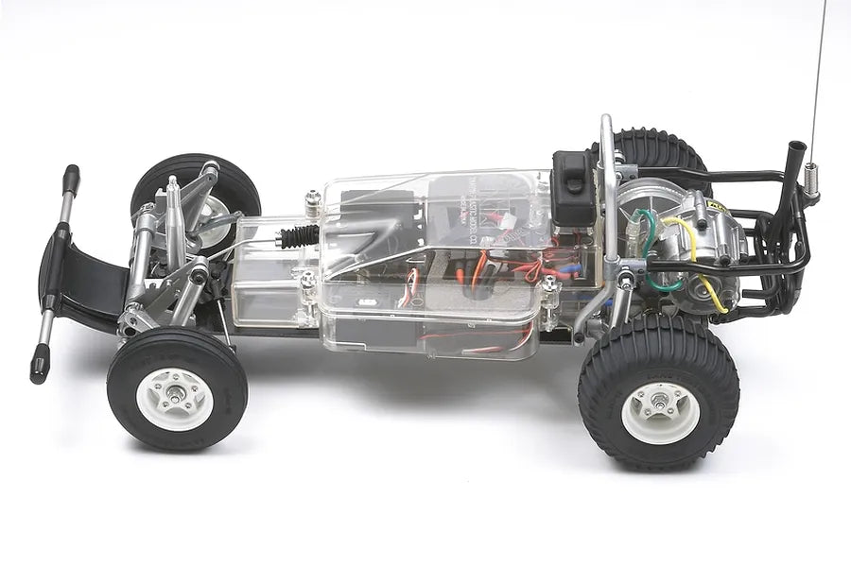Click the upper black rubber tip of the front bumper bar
tap(71, 177)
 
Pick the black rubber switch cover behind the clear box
tap(571, 186)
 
